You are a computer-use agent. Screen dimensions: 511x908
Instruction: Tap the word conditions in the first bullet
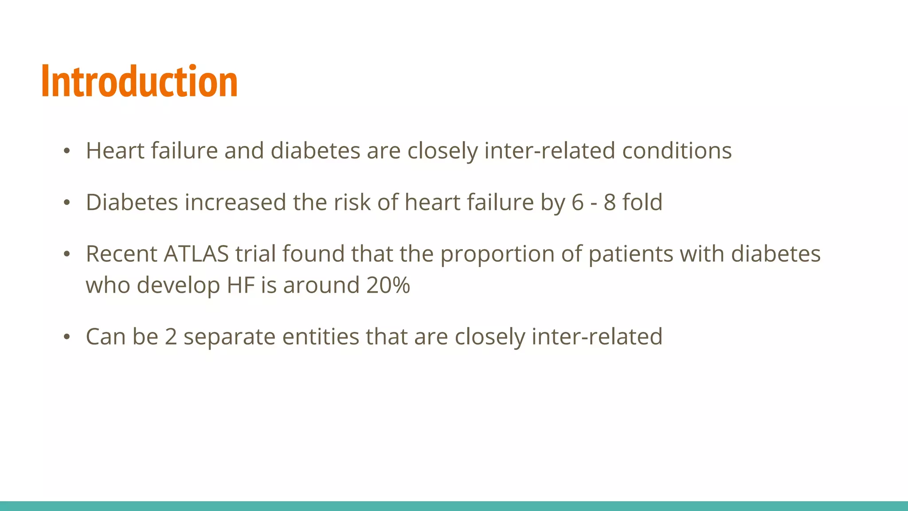pos(677,151)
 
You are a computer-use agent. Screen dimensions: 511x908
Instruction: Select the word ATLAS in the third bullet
pos(196,254)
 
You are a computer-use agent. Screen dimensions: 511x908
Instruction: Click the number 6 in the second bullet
pos(578,203)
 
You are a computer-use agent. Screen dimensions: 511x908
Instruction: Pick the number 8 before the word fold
pos(610,203)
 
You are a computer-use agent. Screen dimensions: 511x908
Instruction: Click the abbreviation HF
pos(241,285)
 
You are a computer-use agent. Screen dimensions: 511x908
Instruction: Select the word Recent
pos(121,254)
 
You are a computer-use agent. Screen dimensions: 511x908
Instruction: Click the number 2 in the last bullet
pos(171,337)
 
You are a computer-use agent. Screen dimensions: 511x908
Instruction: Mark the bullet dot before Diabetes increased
pos(67,203)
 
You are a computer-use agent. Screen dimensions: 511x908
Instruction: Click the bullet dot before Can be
pos(67,337)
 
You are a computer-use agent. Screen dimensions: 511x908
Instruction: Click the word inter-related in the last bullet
pos(597,337)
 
